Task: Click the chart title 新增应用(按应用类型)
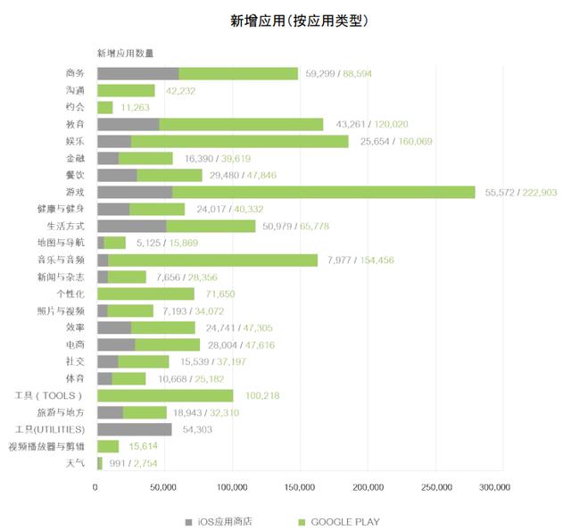pyautogui.click(x=285, y=20)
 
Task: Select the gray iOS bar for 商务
pyautogui.click(x=137, y=73)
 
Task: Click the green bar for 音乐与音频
pyautogui.click(x=213, y=260)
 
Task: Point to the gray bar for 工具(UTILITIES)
pyautogui.click(x=134, y=429)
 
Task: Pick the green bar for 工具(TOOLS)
pyautogui.click(x=165, y=395)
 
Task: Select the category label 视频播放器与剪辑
pyautogui.click(x=46, y=446)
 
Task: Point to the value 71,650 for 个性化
pyautogui.click(x=220, y=294)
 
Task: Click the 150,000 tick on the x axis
pyautogui.click(x=300, y=487)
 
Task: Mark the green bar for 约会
pyautogui.click(x=104, y=107)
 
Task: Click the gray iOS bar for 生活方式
pyautogui.click(x=131, y=226)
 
